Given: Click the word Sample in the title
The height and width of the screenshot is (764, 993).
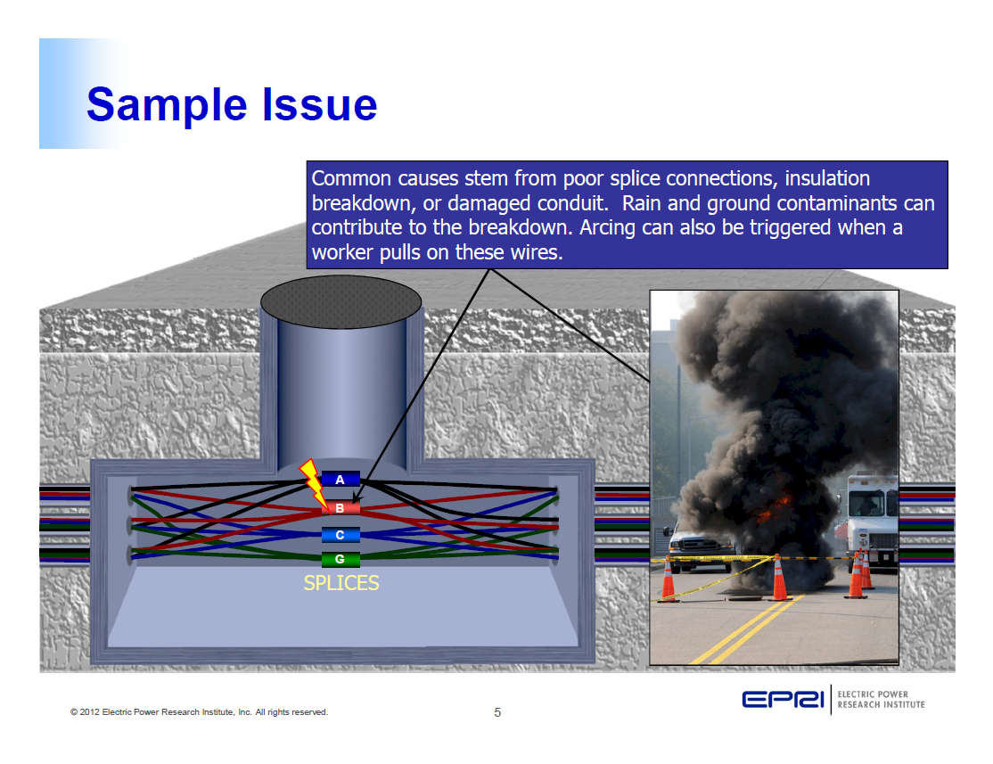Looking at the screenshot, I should (166, 104).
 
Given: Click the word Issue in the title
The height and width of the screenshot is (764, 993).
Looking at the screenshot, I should (319, 104).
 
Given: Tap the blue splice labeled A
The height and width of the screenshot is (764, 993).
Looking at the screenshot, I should (341, 480).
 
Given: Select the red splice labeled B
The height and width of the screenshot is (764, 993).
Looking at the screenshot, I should (341, 508).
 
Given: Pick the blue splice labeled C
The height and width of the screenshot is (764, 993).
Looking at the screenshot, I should (341, 535).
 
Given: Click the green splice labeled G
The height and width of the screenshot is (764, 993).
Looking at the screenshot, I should (341, 560).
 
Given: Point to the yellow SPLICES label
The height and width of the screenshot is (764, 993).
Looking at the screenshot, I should (341, 583).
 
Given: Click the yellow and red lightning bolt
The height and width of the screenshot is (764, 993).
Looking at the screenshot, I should (313, 481).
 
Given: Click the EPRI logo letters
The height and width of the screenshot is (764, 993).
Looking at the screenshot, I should (784, 700).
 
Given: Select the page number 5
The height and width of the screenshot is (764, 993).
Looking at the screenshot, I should (497, 712).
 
